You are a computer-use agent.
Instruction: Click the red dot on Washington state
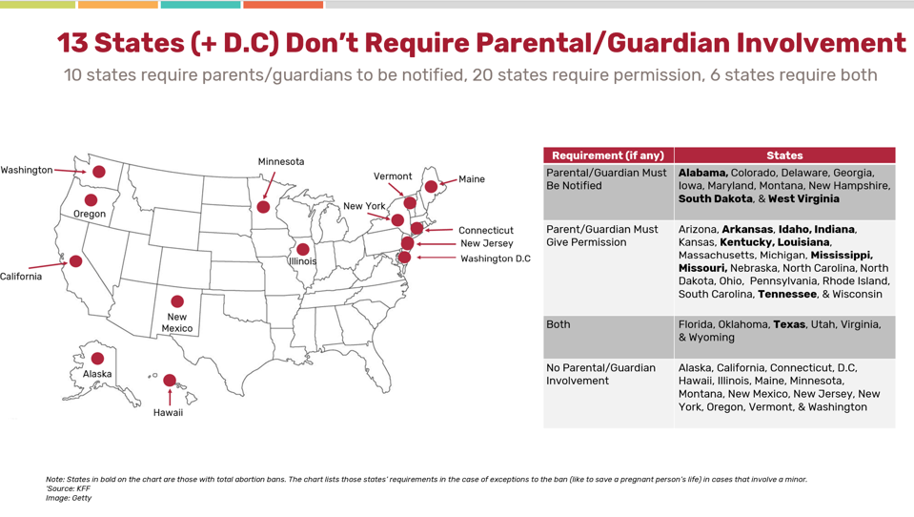point(99,172)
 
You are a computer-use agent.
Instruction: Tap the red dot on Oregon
point(91,200)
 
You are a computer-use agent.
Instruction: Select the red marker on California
point(76,260)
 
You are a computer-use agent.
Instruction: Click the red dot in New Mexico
point(177,301)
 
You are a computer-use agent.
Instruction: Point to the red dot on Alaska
point(97,359)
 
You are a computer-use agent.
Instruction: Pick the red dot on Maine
point(431,186)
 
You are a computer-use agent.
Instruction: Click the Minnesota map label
point(281,161)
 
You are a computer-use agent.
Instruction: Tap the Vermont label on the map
point(393,176)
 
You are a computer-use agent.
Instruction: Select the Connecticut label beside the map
point(485,231)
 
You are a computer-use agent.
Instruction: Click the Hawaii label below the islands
point(168,412)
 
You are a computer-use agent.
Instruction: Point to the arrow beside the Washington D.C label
point(436,258)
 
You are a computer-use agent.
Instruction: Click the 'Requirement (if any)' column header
point(608,155)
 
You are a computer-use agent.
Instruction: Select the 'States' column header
point(784,155)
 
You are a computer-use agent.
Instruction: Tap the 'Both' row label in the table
point(558,324)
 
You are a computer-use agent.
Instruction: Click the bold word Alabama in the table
point(702,173)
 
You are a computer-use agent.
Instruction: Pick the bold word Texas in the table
point(790,324)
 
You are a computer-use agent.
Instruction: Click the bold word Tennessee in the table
point(787,294)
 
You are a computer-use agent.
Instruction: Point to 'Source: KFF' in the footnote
point(69,488)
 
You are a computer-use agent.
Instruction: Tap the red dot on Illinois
point(303,249)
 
